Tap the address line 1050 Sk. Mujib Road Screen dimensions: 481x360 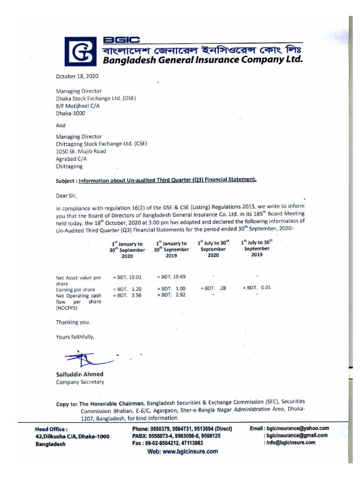click(81, 151)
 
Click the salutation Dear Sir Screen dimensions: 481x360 click(66, 195)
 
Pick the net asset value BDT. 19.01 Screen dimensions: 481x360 click(128, 276)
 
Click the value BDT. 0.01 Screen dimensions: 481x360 click(258, 288)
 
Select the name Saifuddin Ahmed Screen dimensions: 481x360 click(79, 374)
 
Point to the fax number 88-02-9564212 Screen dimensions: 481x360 click(166, 443)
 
